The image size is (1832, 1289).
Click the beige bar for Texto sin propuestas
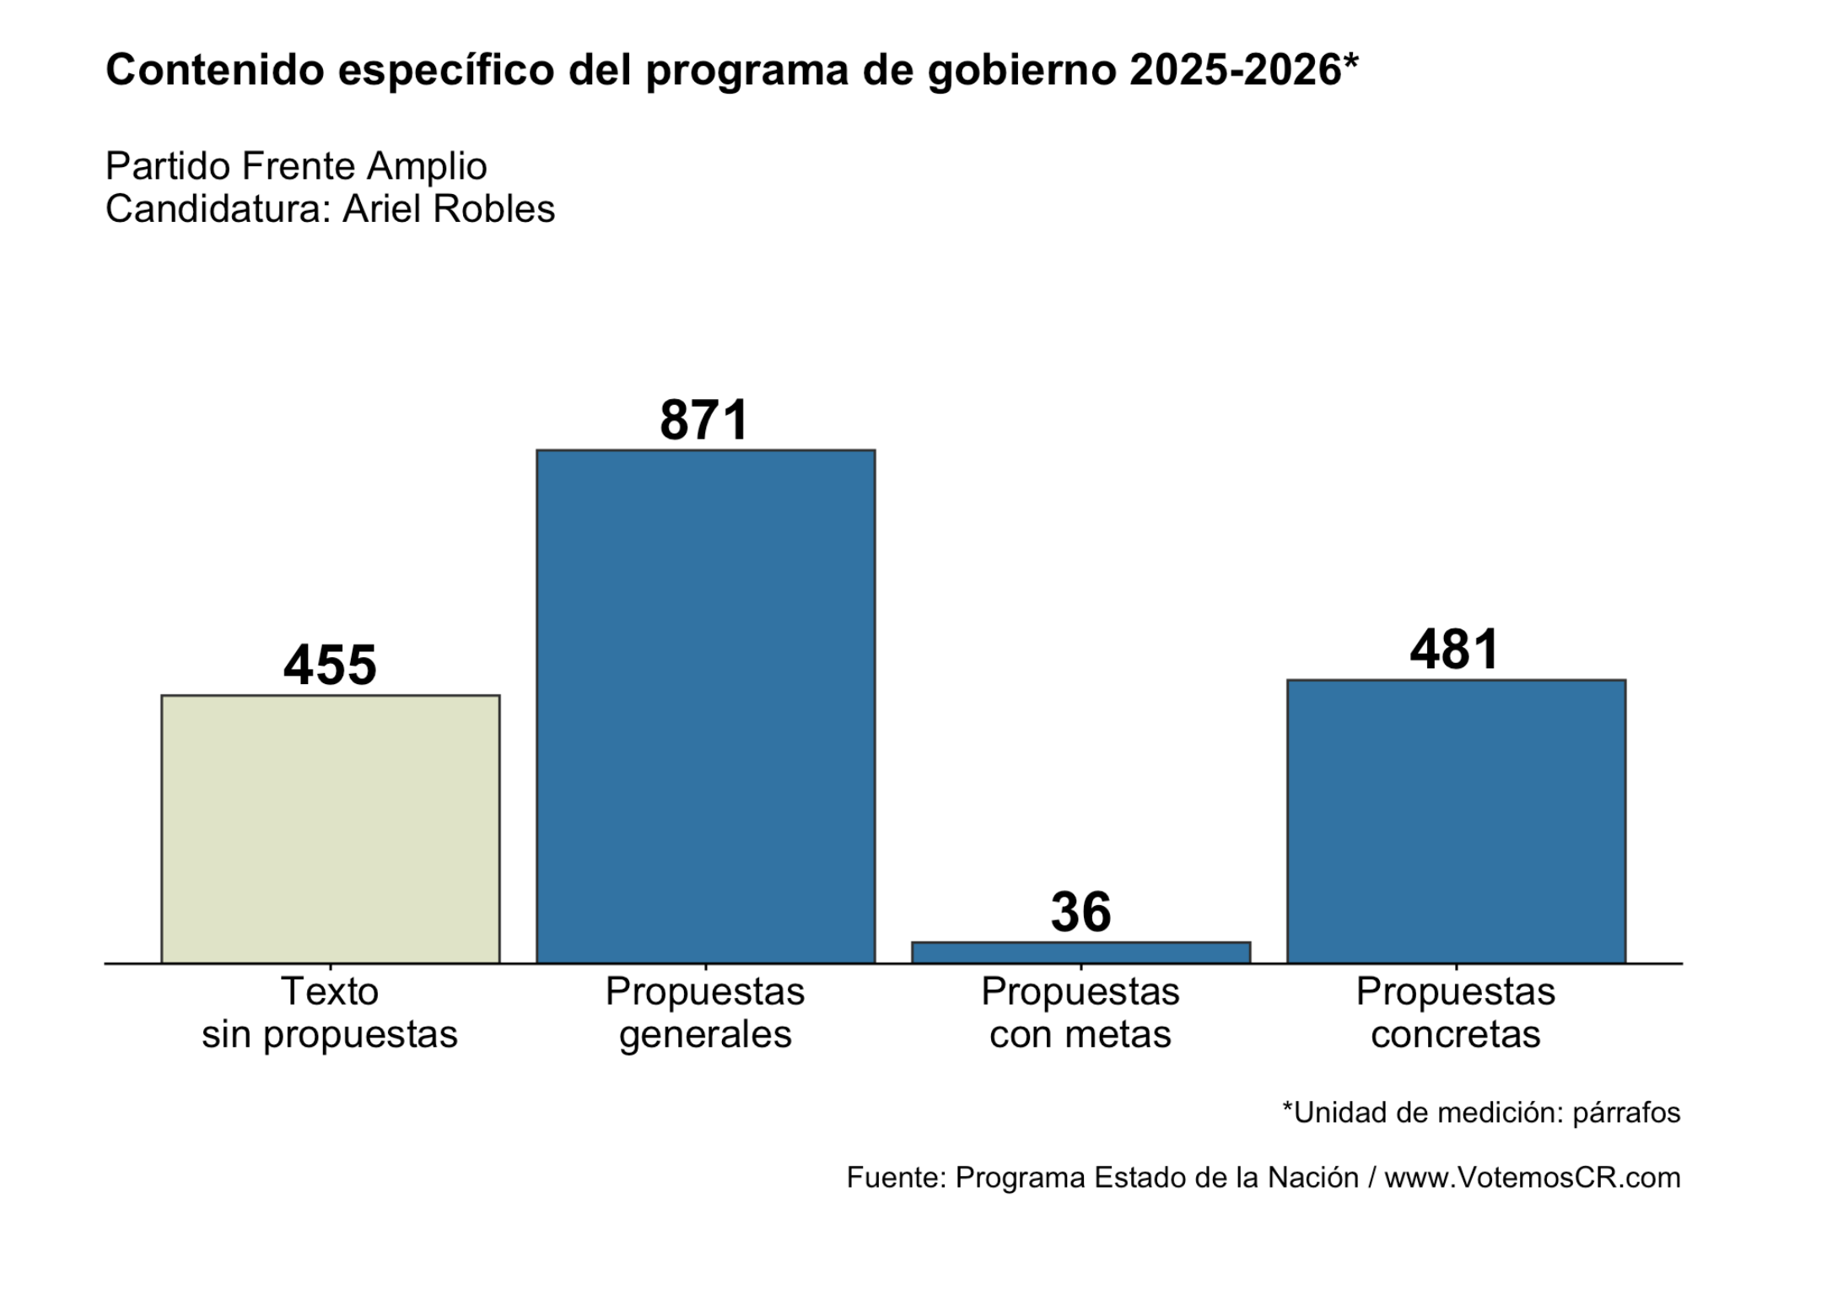330,828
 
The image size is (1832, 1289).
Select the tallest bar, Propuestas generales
705,706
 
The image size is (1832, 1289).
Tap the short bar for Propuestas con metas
1080,952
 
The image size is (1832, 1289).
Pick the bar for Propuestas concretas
1456,821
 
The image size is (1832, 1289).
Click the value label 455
330,665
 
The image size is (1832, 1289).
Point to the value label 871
704,419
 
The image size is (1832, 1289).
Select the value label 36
1080,912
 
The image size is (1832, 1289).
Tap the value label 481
1455,649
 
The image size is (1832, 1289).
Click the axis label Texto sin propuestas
330,1012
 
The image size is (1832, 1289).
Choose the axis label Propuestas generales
705,1012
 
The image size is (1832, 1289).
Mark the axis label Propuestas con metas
1080,1012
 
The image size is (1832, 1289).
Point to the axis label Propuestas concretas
1456,1012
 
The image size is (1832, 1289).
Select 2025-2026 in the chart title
1236,69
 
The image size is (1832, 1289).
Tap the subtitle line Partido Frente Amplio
296,166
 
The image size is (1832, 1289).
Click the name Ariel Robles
449,208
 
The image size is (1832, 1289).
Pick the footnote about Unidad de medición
1481,1113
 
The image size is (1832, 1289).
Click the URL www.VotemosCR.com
1533,1177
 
